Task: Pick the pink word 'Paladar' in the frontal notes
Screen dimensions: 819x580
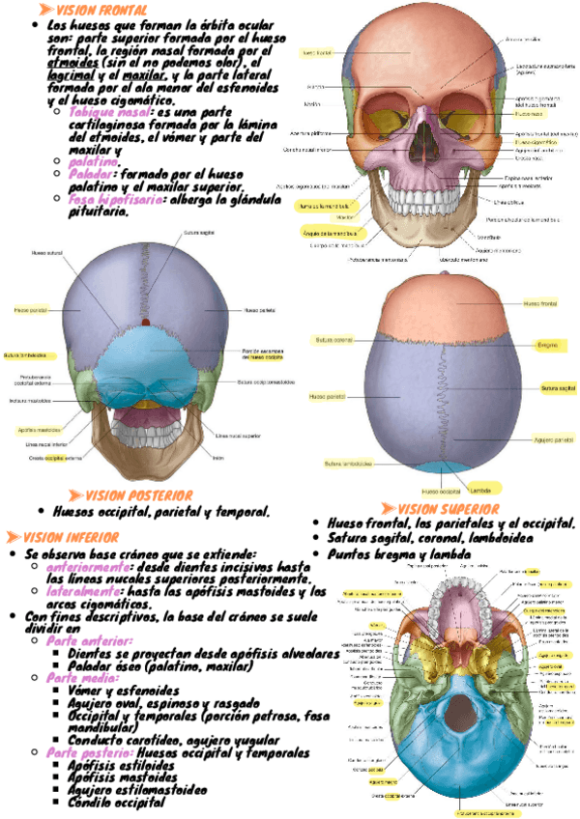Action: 93,175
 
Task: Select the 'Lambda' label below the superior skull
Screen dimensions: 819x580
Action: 481,489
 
